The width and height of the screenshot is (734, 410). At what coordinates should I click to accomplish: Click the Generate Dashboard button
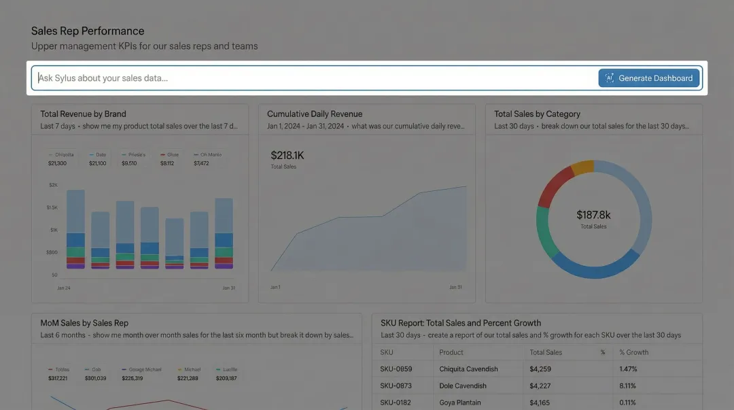coord(648,78)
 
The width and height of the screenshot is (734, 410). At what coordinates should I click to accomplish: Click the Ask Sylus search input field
coord(313,78)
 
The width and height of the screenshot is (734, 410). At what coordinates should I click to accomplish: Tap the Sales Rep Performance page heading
coord(88,31)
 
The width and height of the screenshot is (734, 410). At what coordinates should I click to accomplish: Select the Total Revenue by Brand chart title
coord(83,114)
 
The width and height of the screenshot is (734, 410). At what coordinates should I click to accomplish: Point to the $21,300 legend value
coord(57,163)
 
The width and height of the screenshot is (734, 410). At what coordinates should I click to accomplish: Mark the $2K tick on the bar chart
coord(53,185)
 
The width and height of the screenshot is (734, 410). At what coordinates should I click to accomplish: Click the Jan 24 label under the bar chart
coord(64,288)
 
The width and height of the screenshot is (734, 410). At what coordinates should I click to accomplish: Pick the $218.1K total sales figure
coord(287,155)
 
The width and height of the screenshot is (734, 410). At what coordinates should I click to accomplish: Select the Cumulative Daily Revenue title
coord(315,114)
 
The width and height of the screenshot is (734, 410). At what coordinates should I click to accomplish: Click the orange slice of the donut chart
coord(583,167)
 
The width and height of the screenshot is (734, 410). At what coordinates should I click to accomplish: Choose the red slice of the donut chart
coord(554,184)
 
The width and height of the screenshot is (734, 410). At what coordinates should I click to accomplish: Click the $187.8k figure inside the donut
coord(593,215)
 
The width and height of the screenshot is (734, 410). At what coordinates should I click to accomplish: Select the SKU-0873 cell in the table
coord(396,386)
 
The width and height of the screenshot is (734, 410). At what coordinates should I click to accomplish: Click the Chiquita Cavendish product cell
coord(468,369)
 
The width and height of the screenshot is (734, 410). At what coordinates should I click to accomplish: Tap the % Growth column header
coord(634,352)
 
